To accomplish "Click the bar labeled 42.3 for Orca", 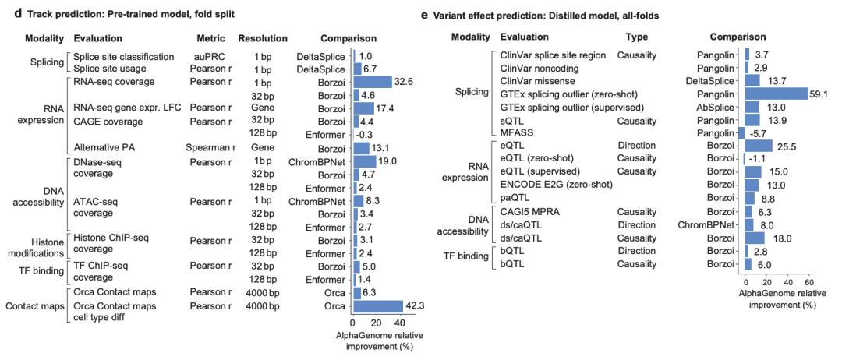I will (377, 305).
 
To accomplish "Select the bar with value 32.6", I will (373, 82).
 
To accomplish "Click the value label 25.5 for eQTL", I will (787, 146).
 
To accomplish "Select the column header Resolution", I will (263, 38).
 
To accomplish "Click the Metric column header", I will (212, 38).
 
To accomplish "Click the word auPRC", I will (207, 56).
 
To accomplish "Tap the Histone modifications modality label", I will (35, 246).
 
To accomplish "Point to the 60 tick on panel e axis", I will (809, 282).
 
